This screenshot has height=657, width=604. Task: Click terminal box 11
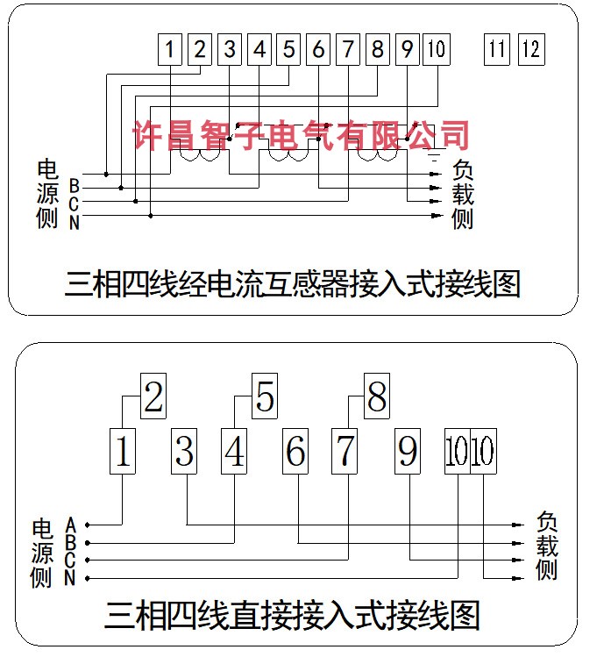(x=497, y=49)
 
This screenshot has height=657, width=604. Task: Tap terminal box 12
(x=530, y=49)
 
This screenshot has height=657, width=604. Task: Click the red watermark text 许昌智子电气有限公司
(x=301, y=134)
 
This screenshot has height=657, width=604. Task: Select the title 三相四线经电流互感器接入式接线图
(x=293, y=284)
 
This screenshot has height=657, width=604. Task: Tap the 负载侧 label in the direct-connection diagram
(x=546, y=546)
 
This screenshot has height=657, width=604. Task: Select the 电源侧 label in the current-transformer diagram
(x=47, y=194)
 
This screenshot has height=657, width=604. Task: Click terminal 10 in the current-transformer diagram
(x=436, y=49)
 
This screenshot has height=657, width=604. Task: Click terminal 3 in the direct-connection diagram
(x=184, y=452)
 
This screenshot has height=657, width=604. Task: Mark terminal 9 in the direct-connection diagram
(x=408, y=452)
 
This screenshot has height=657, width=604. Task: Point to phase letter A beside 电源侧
(x=71, y=524)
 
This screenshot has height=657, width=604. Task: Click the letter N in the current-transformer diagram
(x=75, y=223)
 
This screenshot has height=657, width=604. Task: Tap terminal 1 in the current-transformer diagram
(x=171, y=49)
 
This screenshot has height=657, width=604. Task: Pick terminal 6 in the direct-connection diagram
(x=296, y=452)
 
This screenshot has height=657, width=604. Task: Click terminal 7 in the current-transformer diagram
(x=348, y=49)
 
